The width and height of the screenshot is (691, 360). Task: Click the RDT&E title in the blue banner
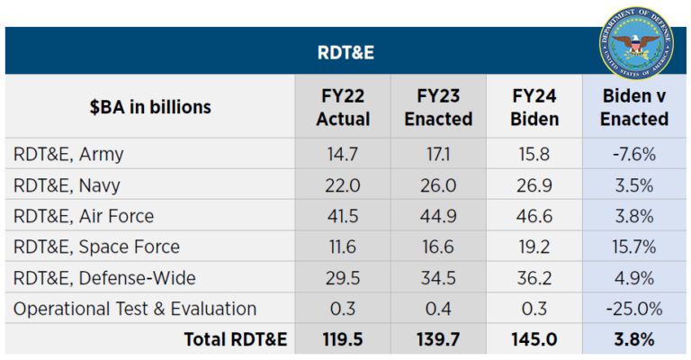(x=345, y=52)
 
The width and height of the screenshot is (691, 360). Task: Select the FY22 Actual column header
(x=343, y=107)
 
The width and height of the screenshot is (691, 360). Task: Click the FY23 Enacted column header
(x=438, y=107)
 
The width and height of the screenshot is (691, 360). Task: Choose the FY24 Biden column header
(x=534, y=107)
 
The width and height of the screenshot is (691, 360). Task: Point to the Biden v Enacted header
(x=633, y=107)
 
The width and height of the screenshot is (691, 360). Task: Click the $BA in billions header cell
(x=150, y=107)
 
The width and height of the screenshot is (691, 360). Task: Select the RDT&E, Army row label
(x=68, y=154)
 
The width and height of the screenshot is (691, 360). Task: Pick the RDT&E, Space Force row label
(x=96, y=247)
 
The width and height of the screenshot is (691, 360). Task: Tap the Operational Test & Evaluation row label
(x=135, y=309)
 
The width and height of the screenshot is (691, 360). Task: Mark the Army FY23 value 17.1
(x=438, y=154)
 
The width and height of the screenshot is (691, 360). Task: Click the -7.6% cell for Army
(x=633, y=154)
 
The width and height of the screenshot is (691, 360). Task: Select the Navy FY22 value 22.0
(x=343, y=185)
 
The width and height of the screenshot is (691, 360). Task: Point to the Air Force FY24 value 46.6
(x=534, y=216)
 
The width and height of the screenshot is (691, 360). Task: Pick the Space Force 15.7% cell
(x=633, y=247)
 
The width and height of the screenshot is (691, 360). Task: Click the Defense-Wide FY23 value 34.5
(x=438, y=278)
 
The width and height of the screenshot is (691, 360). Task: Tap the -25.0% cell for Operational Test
(x=633, y=309)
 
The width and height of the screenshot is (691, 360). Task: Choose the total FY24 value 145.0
(x=534, y=339)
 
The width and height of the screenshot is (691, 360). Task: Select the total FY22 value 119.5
(x=343, y=339)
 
